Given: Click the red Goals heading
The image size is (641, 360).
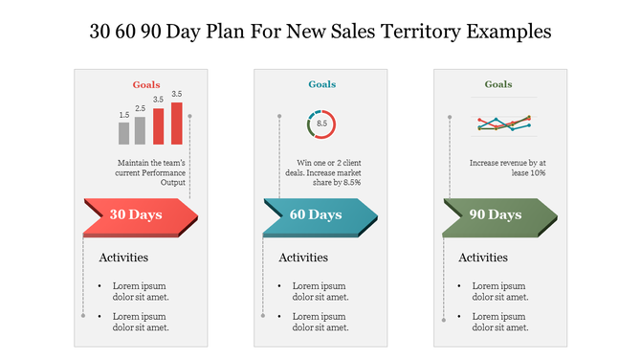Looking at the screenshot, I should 146,84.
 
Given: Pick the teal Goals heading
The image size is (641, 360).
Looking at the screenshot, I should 322,84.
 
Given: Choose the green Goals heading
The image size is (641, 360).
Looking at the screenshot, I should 498,84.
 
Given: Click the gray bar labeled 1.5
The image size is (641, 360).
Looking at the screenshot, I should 124,133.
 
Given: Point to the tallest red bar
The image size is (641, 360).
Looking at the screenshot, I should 176,123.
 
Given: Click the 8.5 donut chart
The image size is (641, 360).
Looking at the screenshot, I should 321,124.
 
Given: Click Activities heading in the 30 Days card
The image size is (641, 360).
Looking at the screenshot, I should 123,258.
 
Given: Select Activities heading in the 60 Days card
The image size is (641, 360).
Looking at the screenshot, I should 303,258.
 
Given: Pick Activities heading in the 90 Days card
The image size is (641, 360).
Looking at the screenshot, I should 483,258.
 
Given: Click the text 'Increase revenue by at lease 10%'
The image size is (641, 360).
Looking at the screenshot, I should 507,168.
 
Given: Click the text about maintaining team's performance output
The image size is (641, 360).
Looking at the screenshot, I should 151,172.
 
